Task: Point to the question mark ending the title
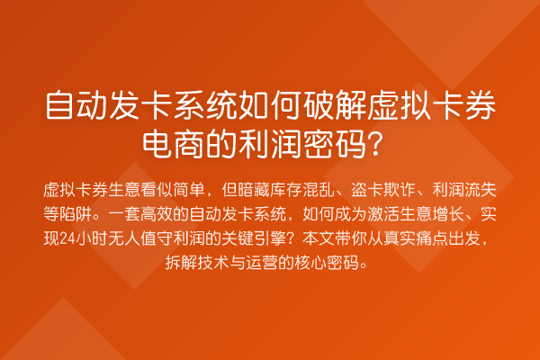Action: point(378,141)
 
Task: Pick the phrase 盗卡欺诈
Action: point(382,191)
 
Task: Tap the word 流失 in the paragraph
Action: point(481,191)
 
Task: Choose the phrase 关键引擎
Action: point(260,239)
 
